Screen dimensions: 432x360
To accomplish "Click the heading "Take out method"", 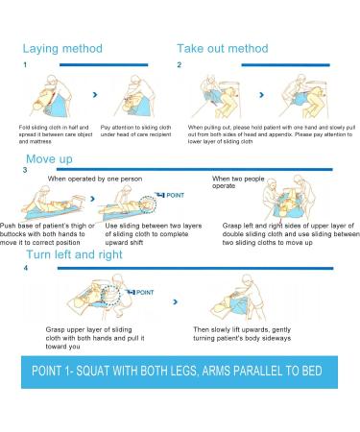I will (222, 48).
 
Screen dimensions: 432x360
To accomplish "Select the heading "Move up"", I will (49, 158).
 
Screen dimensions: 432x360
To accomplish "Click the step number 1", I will (26, 65).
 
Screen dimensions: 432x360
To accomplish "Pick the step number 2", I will (180, 65).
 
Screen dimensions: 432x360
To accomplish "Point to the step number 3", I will (26, 171).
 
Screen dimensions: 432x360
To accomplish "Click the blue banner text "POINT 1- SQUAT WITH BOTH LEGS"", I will (180, 372).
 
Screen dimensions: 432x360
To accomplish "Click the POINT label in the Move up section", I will (168, 194).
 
